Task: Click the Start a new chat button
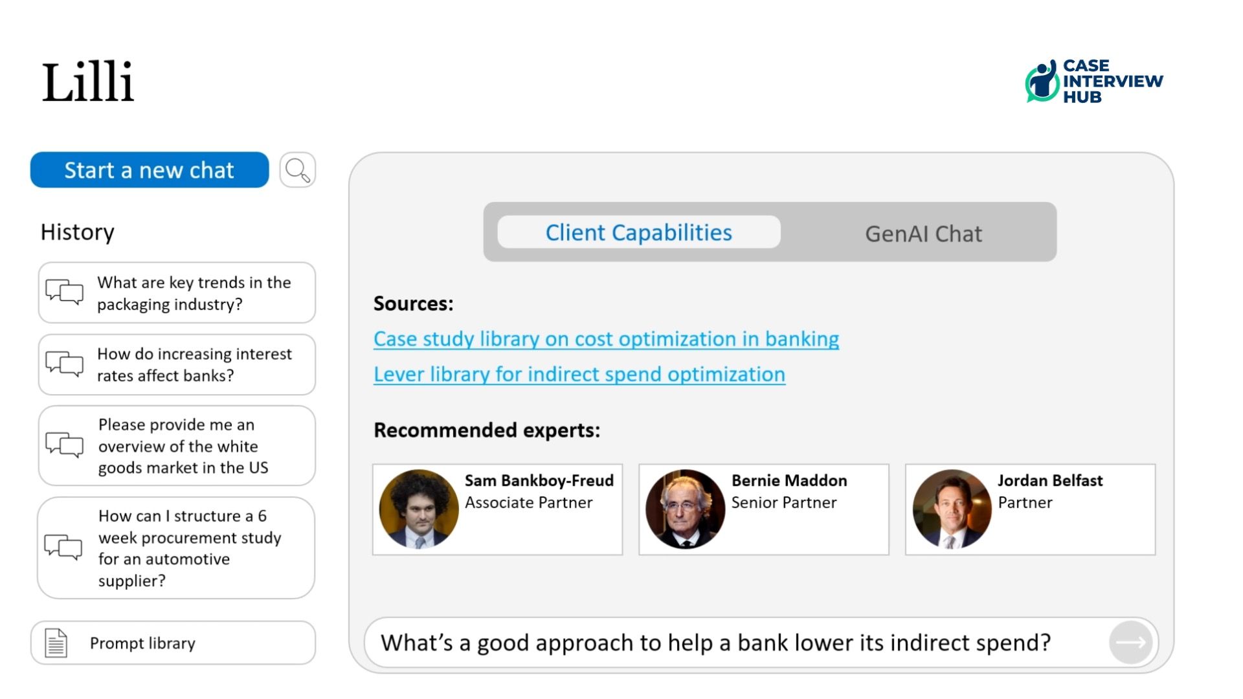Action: [150, 170]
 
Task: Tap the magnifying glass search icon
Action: [298, 170]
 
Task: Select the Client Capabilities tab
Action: [639, 232]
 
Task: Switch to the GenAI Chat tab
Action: [923, 234]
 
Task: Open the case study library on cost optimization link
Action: [606, 339]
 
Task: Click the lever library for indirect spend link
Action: [579, 375]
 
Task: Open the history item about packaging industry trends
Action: [177, 293]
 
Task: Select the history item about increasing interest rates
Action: [177, 365]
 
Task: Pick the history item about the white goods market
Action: [177, 446]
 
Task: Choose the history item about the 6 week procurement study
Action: [176, 548]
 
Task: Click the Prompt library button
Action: [173, 643]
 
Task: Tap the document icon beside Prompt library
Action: [56, 643]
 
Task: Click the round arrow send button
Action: [1131, 643]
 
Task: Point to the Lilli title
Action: [88, 82]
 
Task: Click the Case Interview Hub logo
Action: [1094, 81]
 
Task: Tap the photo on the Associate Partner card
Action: [419, 509]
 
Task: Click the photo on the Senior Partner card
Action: [686, 509]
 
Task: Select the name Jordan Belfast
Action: [1050, 481]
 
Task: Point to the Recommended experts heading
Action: [487, 430]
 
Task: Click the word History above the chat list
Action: [78, 232]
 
